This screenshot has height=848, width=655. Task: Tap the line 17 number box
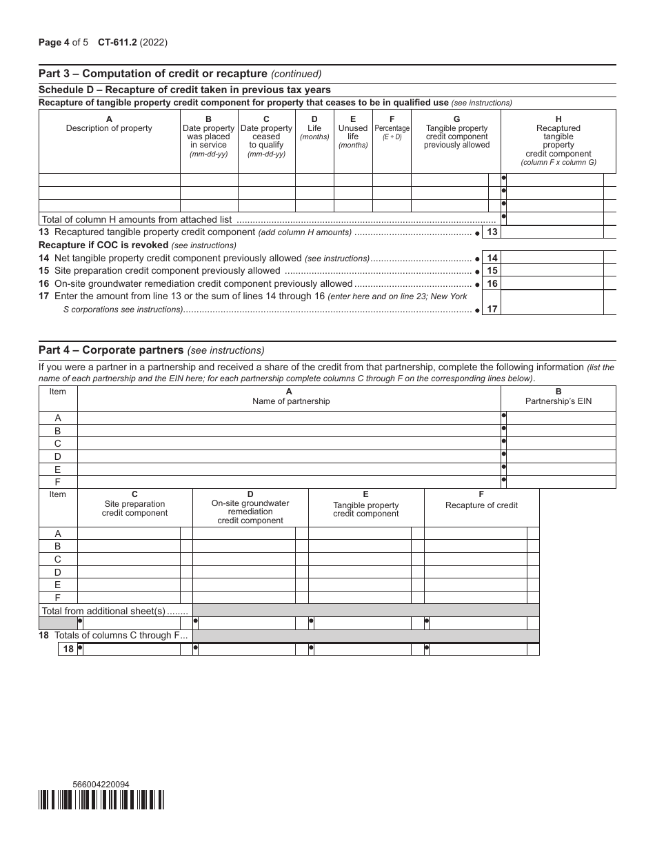coord(492,310)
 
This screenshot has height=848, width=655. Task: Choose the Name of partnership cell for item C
coord(288,443)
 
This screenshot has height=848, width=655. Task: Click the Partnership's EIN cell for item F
coord(560,482)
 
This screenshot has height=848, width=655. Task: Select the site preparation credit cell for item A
coord(129,534)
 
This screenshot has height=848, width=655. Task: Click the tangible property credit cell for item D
coord(359,572)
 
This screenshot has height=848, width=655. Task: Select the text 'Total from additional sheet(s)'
coord(104,611)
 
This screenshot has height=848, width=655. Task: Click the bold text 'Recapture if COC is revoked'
coord(103,245)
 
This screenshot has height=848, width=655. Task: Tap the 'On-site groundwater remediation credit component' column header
coord(250,507)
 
